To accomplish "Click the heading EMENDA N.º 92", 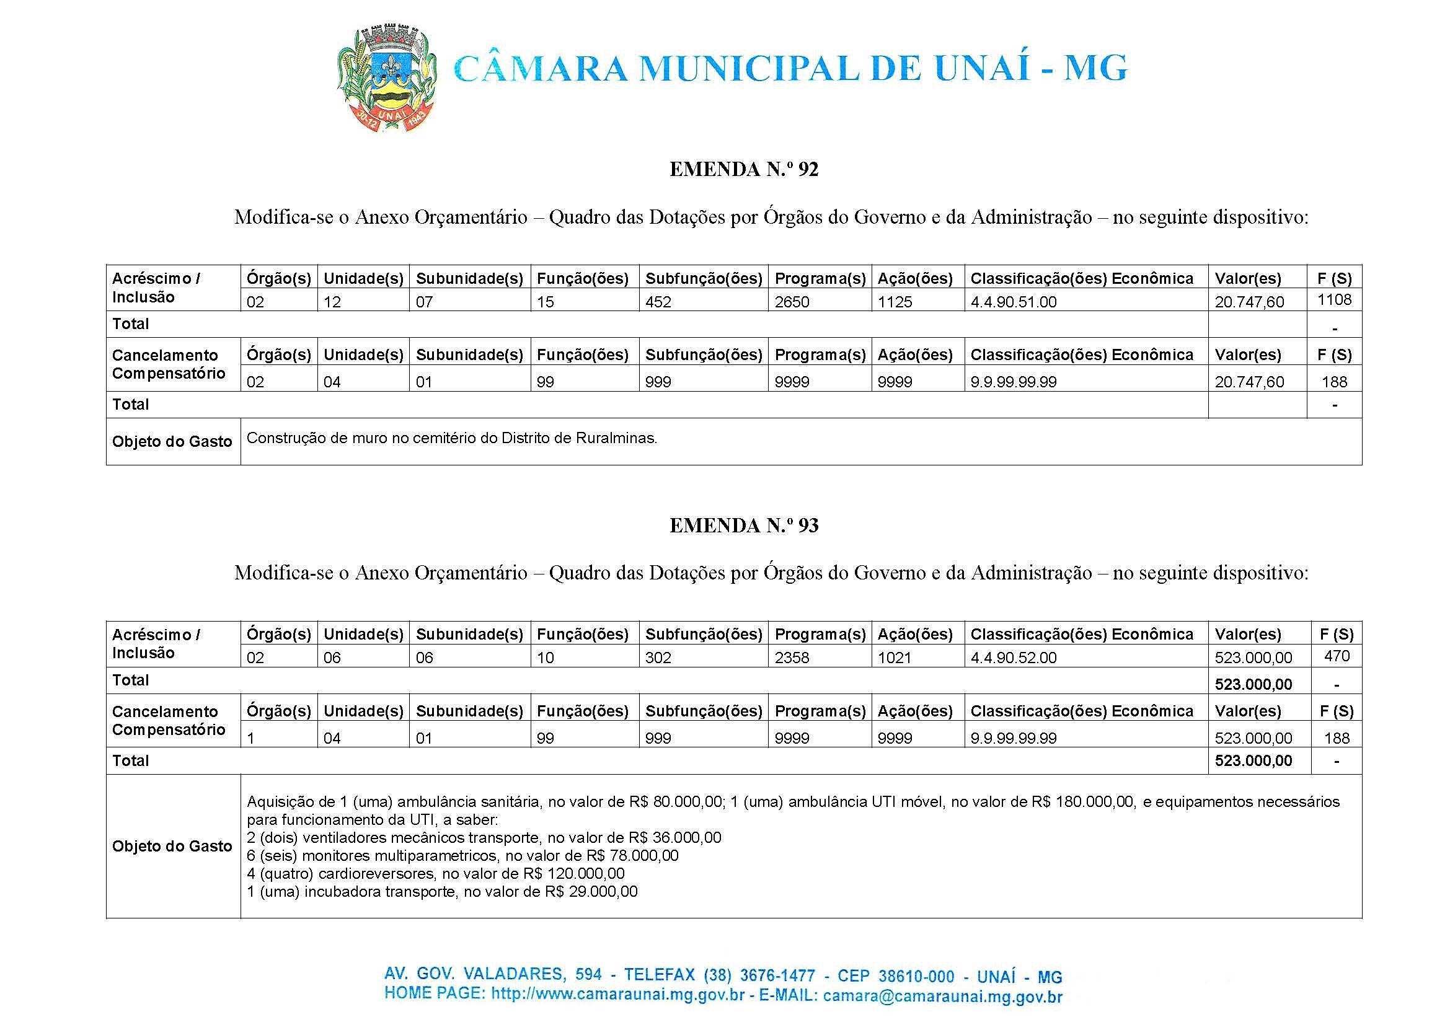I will click(x=743, y=169).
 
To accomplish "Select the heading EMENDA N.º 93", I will click(x=743, y=525).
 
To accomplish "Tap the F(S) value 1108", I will click(x=1334, y=299).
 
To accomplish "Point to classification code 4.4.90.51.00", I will click(x=1013, y=302).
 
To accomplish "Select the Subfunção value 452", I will click(x=658, y=302).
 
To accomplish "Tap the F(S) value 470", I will click(x=1337, y=656).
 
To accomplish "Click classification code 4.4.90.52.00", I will click(x=1013, y=658).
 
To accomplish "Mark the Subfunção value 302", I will click(x=658, y=658).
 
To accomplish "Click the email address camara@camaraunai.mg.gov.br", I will click(x=942, y=997).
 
